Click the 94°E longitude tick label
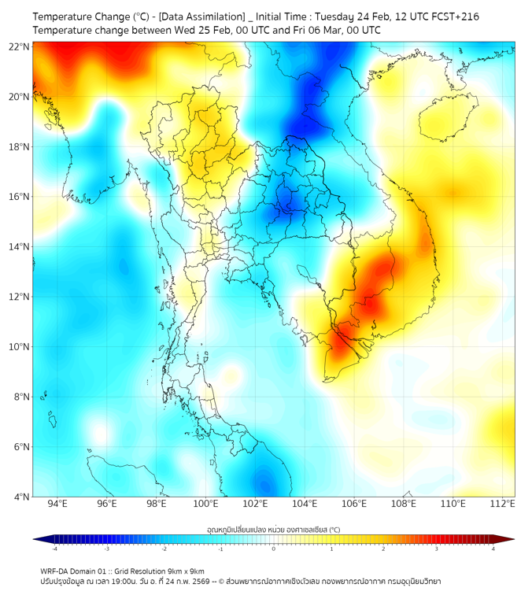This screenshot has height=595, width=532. point(57,504)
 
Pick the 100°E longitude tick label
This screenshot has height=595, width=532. point(206,504)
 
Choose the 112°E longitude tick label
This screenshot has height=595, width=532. point(502,504)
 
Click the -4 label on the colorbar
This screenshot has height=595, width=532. point(54,549)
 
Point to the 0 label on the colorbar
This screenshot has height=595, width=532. point(274,549)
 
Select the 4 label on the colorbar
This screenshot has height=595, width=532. point(493,549)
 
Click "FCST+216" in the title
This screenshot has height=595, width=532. point(453,17)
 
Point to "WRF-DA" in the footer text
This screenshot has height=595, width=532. point(56,571)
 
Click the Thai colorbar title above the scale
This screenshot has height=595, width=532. point(273,530)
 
